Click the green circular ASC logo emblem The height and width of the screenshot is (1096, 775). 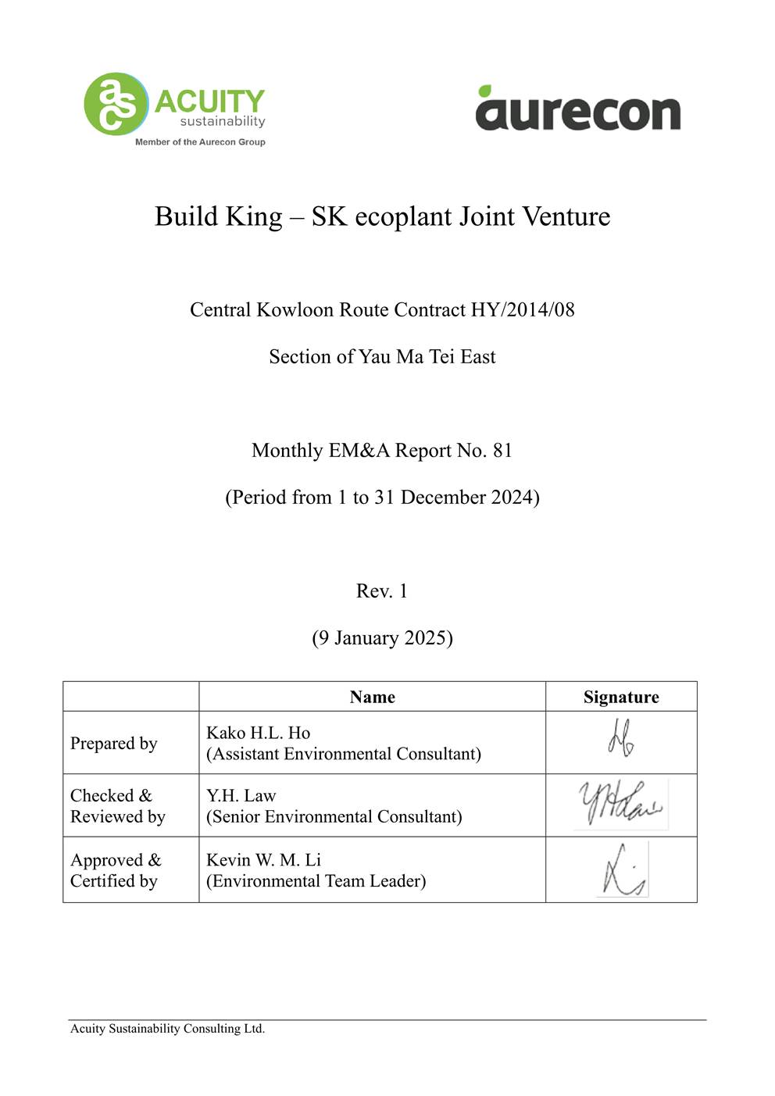click(116, 104)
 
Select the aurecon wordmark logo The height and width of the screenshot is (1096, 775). click(578, 109)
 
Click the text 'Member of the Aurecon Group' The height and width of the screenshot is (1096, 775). click(200, 142)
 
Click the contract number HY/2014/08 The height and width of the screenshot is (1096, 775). click(522, 310)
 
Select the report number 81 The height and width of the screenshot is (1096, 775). click(502, 451)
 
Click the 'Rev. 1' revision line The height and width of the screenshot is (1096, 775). click(382, 591)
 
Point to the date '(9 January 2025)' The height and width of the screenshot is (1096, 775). click(382, 638)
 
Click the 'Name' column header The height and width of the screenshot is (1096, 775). click(372, 697)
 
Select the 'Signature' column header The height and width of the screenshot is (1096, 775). click(621, 697)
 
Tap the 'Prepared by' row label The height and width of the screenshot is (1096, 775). click(114, 743)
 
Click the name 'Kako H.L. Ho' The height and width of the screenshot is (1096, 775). click(258, 733)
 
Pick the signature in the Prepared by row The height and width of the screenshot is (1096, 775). click(621, 738)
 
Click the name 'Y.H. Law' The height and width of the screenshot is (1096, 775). click(241, 795)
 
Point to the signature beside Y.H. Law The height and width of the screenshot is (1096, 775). click(620, 804)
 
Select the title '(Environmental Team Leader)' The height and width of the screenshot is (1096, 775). click(316, 881)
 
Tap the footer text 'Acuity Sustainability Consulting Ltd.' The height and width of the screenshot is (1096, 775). click(167, 1029)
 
